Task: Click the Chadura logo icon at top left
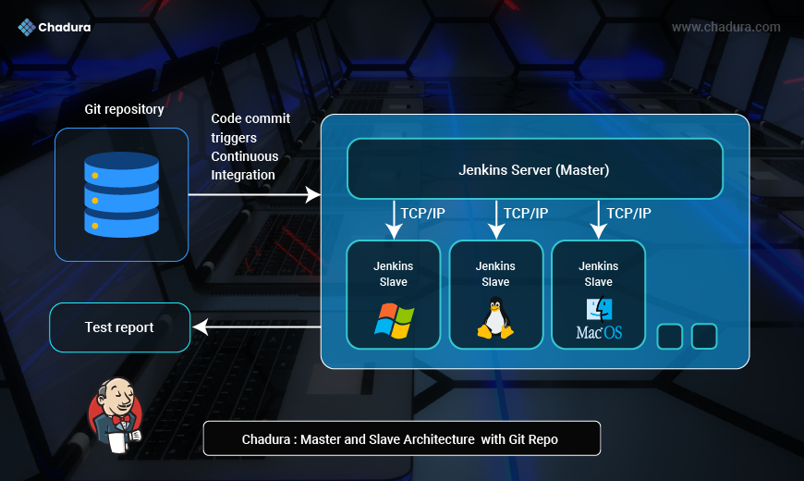(x=27, y=27)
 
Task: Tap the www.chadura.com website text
(x=725, y=27)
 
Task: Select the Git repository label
(x=124, y=109)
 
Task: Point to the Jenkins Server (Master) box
(x=534, y=169)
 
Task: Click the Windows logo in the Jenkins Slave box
(x=394, y=320)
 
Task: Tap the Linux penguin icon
(x=495, y=318)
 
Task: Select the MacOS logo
(x=598, y=320)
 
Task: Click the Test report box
(x=119, y=327)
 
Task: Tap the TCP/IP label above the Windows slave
(x=423, y=214)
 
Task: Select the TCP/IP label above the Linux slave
(x=526, y=214)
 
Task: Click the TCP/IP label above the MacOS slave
(x=628, y=214)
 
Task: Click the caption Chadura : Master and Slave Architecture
(x=401, y=439)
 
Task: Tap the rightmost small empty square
(x=704, y=337)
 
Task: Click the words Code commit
(x=250, y=118)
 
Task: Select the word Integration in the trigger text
(x=243, y=175)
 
